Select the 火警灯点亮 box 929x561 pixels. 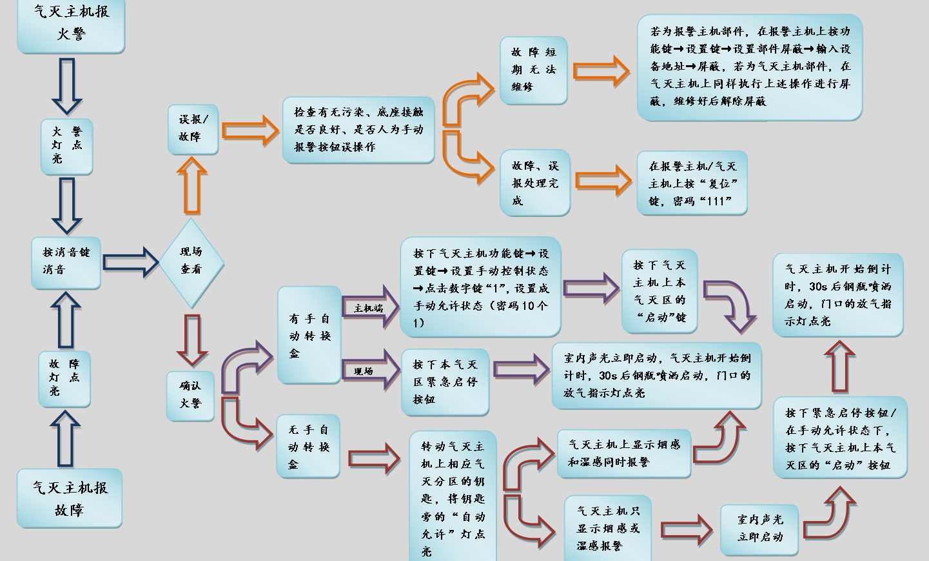click(66, 146)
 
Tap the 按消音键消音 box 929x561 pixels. click(66, 261)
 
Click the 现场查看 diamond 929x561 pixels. click(191, 261)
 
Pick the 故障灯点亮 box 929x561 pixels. click(64, 378)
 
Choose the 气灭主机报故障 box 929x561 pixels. click(69, 498)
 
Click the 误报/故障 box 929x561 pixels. click(193, 129)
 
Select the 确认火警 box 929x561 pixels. click(190, 395)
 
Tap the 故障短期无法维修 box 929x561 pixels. click(533, 70)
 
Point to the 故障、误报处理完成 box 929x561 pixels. click(534, 183)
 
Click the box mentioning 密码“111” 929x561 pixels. click(692, 183)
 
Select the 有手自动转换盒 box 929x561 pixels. click(309, 336)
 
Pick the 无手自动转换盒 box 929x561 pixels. click(308, 447)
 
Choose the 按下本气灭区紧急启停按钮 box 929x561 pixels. click(445, 382)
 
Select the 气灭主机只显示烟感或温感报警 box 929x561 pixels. click(607, 528)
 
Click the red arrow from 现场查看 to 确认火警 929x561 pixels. click(192, 340)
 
